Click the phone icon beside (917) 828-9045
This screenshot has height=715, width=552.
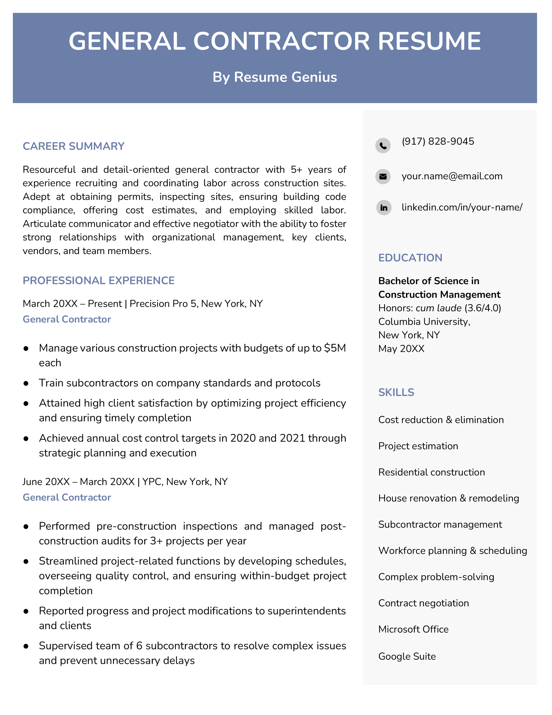pyautogui.click(x=383, y=145)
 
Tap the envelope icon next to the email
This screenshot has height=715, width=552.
pyautogui.click(x=383, y=177)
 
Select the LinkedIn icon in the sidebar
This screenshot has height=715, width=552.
pyautogui.click(x=384, y=208)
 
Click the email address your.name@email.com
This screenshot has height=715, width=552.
pyautogui.click(x=452, y=176)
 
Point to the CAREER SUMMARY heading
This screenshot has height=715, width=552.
pyautogui.click(x=73, y=146)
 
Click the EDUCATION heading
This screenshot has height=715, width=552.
pyautogui.click(x=410, y=258)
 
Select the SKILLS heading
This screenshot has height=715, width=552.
pyautogui.click(x=396, y=393)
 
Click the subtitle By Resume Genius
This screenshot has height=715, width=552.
pyautogui.click(x=275, y=77)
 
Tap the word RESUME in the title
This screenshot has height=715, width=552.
pyautogui.click(x=429, y=41)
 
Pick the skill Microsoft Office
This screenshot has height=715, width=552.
pyautogui.click(x=413, y=629)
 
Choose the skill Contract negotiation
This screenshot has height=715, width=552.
pyautogui.click(x=423, y=603)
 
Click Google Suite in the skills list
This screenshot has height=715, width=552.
pyautogui.click(x=407, y=656)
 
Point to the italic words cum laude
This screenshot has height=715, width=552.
pyautogui.click(x=438, y=308)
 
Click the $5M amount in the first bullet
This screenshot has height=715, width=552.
pyautogui.click(x=335, y=348)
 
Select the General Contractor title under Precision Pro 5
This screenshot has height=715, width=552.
pyautogui.click(x=67, y=319)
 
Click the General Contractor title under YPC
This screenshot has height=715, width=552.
pyautogui.click(x=67, y=497)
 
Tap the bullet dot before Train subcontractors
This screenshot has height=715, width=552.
pyautogui.click(x=26, y=384)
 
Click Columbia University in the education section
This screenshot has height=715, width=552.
pyautogui.click(x=424, y=322)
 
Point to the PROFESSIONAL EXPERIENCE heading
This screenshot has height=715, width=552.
pyautogui.click(x=99, y=281)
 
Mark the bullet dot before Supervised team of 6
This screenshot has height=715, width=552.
pyautogui.click(x=26, y=646)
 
